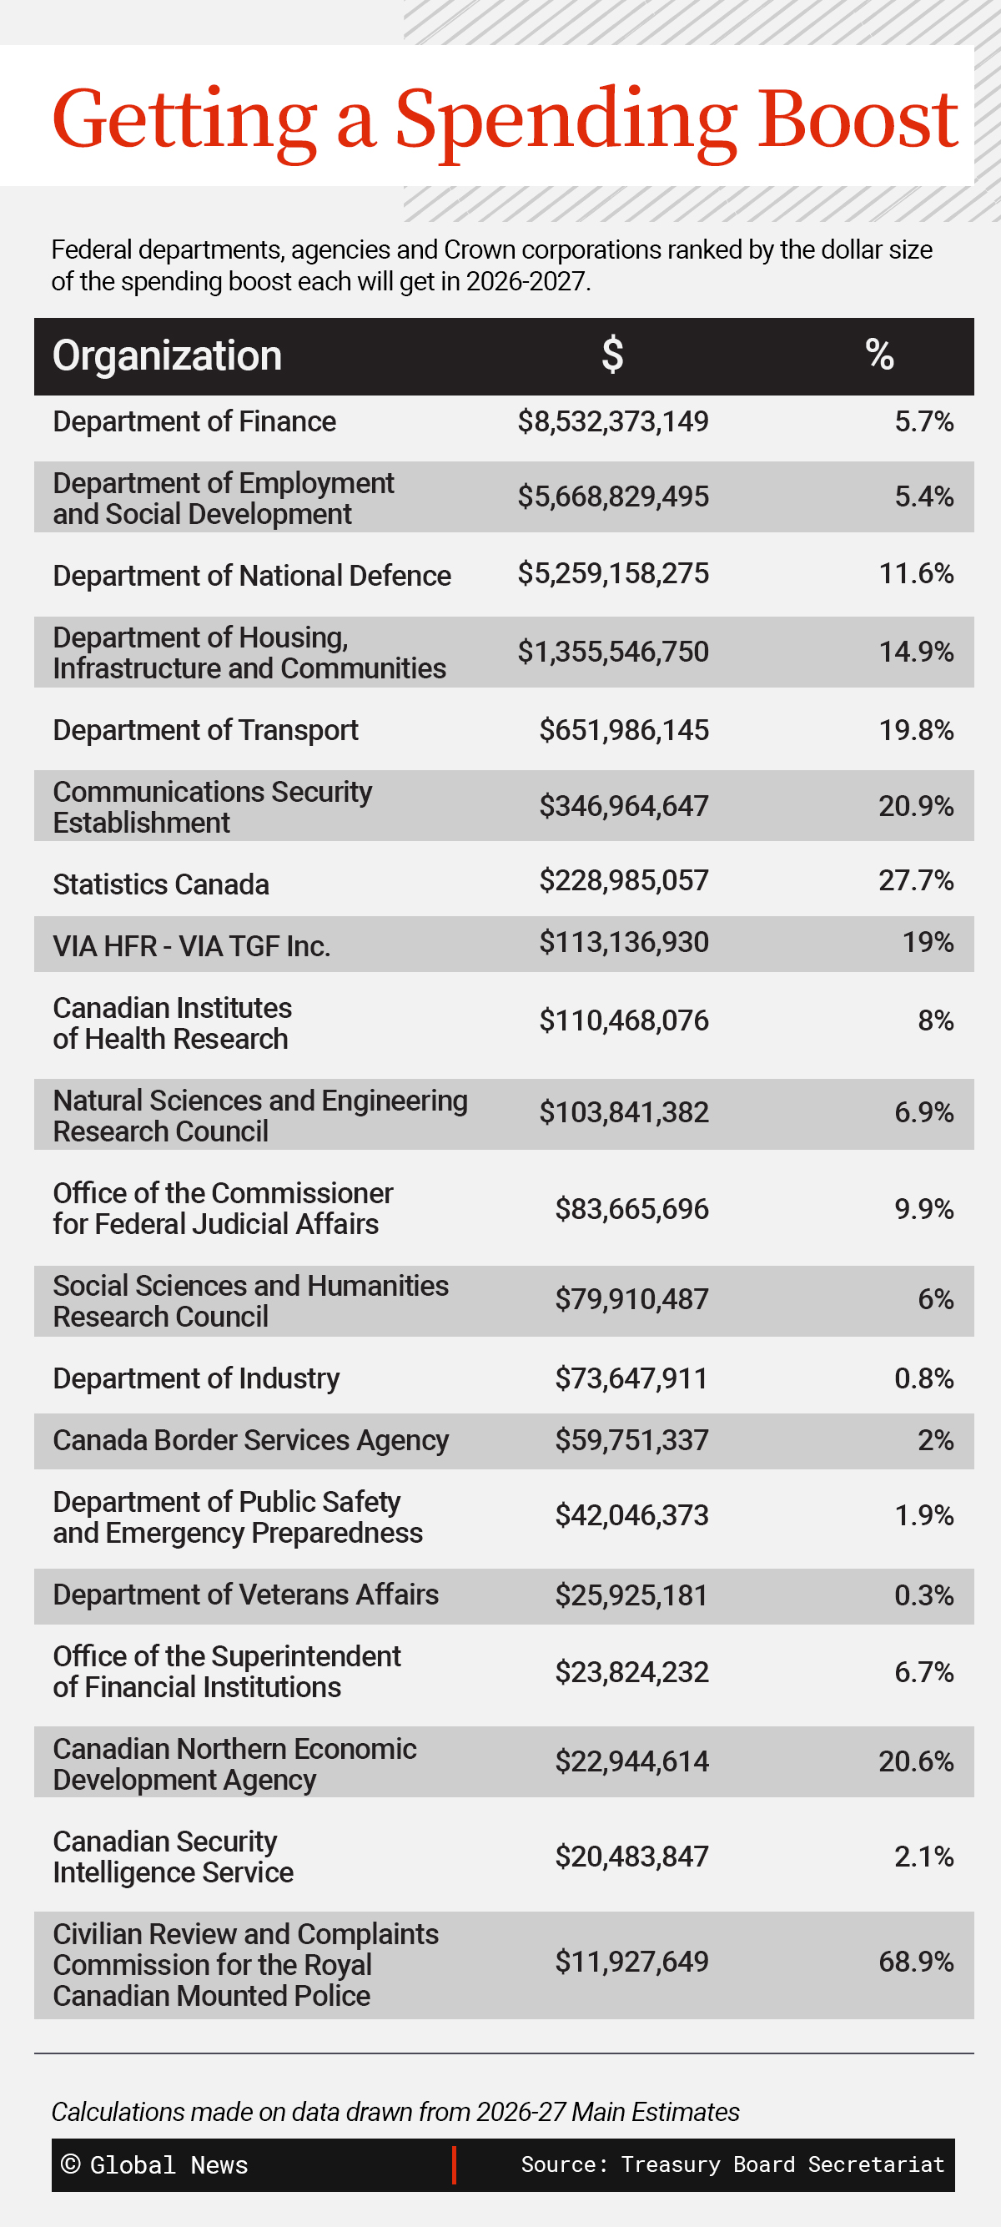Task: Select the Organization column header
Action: pos(167,356)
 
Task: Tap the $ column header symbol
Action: pos(612,355)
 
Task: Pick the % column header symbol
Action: pos(879,355)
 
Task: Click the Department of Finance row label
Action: pos(194,422)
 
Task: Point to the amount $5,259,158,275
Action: pos(613,573)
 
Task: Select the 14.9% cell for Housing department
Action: pos(915,652)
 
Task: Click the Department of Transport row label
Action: pos(205,731)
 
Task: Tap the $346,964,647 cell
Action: pos(623,806)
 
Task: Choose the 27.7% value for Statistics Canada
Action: pos(915,880)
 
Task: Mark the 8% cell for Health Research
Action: pos(935,1021)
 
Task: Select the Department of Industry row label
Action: pos(195,1379)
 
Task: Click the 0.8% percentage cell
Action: pos(923,1379)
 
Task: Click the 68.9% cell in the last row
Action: pos(915,1962)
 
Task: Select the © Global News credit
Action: pos(153,2165)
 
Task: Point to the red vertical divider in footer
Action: pos(454,2164)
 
